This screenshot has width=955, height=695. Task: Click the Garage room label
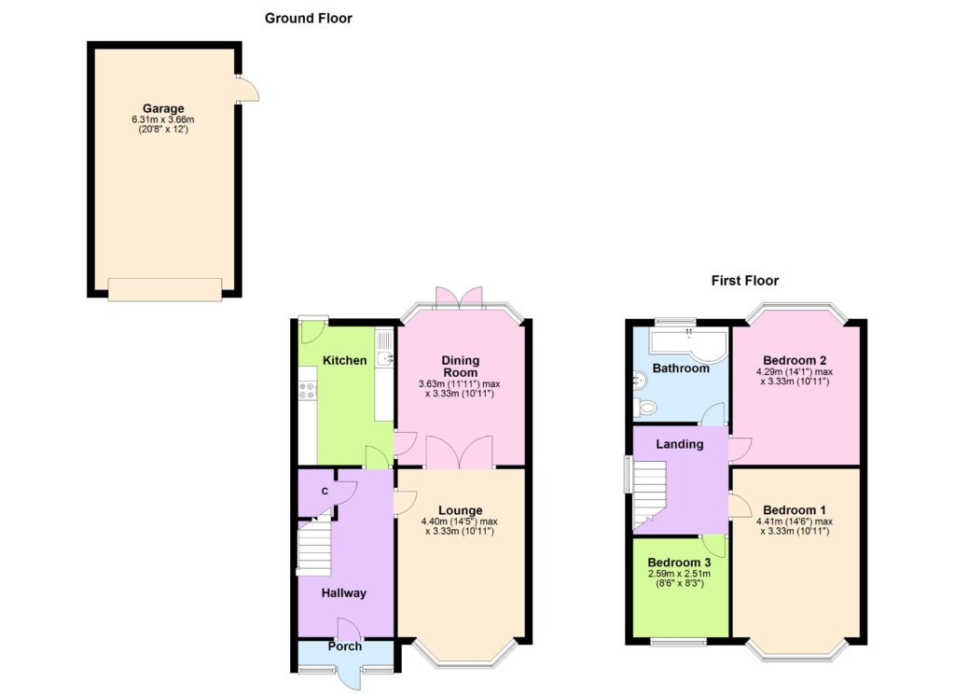(x=163, y=109)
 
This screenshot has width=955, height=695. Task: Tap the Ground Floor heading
(x=308, y=19)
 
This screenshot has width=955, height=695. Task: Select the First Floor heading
(x=745, y=280)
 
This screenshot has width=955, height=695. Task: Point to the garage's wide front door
(x=164, y=289)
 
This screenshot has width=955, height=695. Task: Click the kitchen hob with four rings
(x=308, y=391)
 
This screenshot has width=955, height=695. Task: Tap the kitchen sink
(x=385, y=358)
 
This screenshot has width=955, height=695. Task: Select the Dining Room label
(x=461, y=366)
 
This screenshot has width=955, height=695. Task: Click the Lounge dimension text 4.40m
(x=434, y=521)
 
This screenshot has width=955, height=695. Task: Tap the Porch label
(x=345, y=646)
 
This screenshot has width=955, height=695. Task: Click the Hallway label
(x=343, y=592)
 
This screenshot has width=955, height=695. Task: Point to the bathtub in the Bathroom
(x=689, y=341)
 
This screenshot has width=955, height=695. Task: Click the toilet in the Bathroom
(x=644, y=407)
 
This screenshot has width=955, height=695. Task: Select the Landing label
(x=679, y=444)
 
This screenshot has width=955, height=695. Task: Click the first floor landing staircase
(x=650, y=494)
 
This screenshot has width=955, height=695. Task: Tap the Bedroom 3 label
(x=679, y=563)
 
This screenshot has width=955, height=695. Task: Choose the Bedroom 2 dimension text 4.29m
(x=769, y=371)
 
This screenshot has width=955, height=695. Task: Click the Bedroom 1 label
(x=795, y=510)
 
